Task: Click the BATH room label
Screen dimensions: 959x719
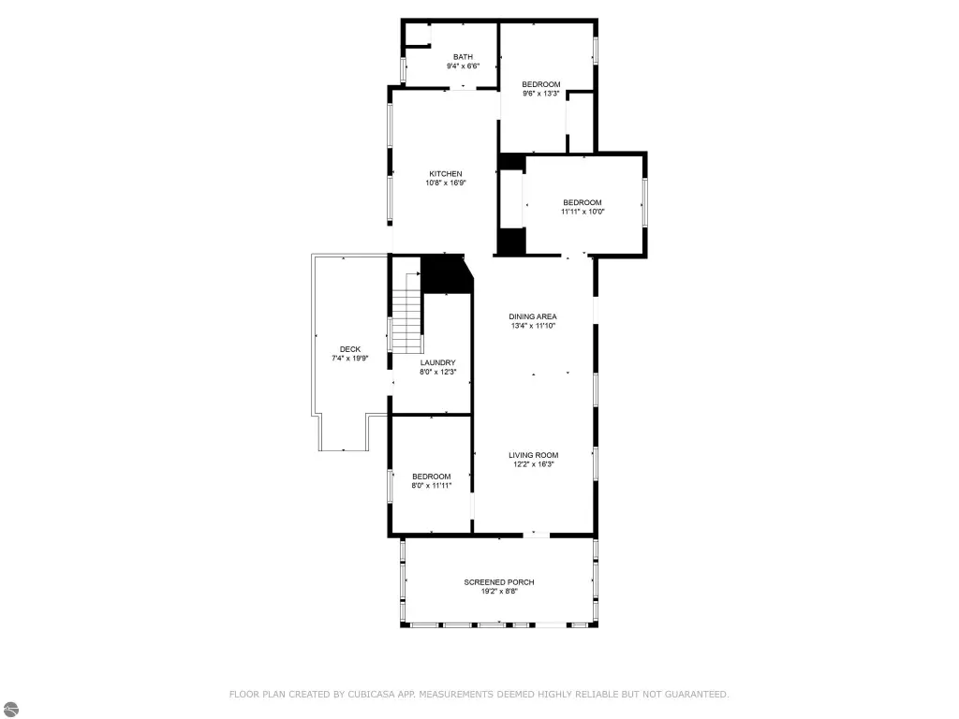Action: coord(463,57)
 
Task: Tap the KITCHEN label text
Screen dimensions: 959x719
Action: coord(445,173)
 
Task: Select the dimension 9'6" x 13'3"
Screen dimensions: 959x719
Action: coord(540,94)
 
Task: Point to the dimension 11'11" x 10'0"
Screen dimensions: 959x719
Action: coord(583,212)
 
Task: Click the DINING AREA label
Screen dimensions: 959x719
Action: coord(533,316)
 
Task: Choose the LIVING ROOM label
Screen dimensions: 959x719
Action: coord(533,455)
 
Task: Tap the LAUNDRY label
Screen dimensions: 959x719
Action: coord(438,362)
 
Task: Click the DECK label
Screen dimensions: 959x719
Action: coord(350,349)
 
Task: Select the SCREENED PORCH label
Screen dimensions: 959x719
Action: coord(499,582)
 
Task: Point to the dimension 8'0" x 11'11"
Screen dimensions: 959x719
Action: coord(431,486)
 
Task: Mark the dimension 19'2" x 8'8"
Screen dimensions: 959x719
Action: coord(499,592)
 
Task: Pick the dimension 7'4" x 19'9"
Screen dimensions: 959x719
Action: coord(350,359)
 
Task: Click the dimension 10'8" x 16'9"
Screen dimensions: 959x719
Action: coord(445,183)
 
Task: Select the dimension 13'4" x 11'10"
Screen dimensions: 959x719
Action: coord(533,326)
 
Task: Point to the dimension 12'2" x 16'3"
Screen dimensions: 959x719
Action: coord(533,464)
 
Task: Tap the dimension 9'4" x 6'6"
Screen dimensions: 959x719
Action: coord(463,66)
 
